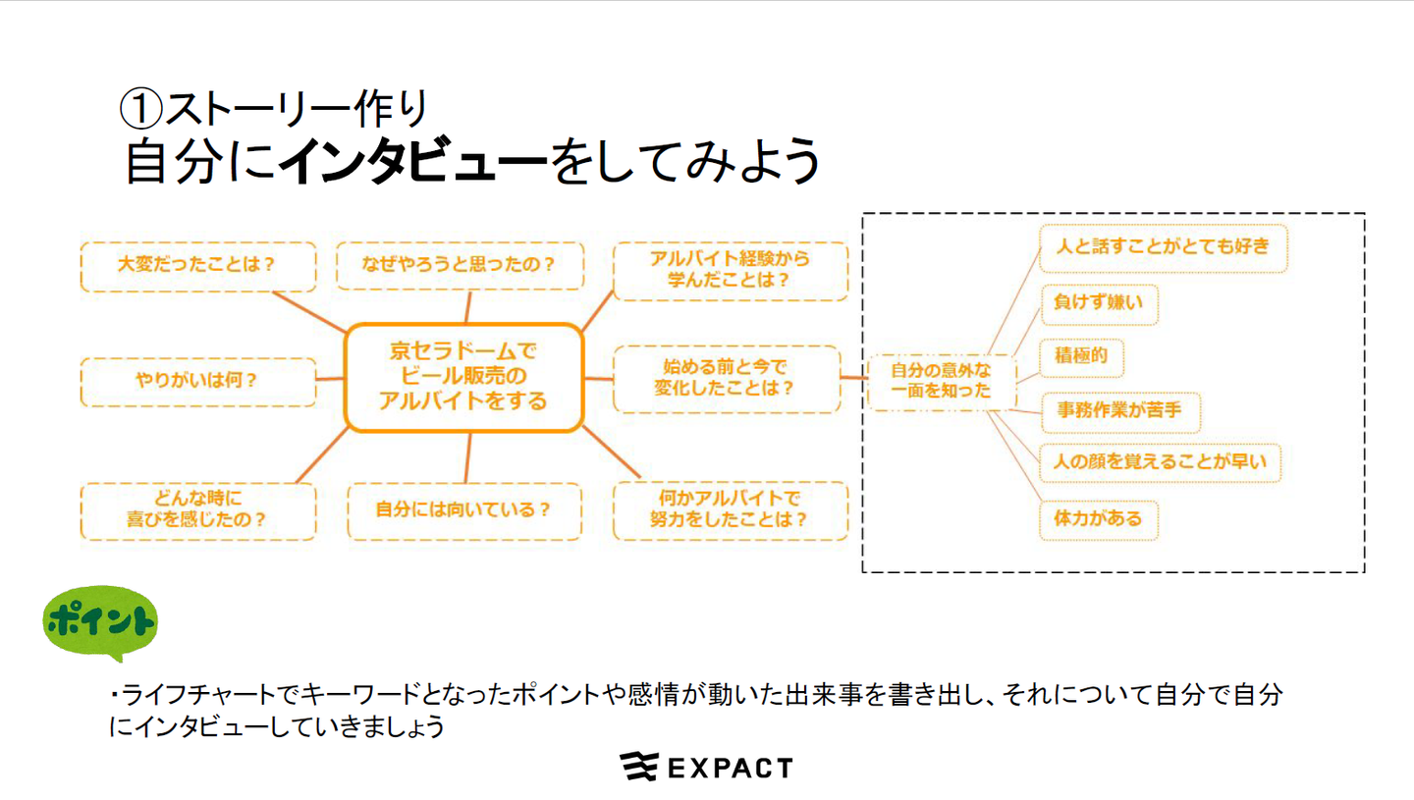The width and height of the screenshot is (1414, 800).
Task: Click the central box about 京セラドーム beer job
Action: (x=463, y=377)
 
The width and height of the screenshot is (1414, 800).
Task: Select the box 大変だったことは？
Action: (x=198, y=266)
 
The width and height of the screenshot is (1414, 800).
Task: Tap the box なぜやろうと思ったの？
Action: (x=461, y=266)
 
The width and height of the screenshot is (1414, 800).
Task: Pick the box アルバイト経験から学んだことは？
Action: (x=731, y=271)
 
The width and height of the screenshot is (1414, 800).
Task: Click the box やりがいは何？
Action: (x=198, y=382)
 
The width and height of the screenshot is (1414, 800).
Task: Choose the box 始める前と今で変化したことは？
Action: (x=727, y=379)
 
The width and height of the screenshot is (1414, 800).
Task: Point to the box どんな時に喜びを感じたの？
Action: (x=198, y=511)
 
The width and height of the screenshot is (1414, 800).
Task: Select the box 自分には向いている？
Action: (x=464, y=511)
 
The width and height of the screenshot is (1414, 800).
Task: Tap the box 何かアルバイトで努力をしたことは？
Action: (x=731, y=510)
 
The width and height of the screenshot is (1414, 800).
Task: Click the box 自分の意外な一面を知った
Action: (x=942, y=383)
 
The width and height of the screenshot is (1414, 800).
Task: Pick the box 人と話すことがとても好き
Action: (x=1164, y=248)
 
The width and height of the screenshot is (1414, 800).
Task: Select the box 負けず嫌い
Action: (x=1100, y=304)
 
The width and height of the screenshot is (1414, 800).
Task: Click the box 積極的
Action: (x=1082, y=357)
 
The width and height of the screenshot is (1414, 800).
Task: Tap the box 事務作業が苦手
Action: (x=1120, y=412)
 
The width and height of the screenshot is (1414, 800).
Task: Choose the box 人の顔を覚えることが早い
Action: (x=1161, y=463)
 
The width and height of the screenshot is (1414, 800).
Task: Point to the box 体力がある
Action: (x=1099, y=520)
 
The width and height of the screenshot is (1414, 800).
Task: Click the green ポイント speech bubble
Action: (x=100, y=622)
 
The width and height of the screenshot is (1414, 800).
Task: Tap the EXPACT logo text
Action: (x=730, y=769)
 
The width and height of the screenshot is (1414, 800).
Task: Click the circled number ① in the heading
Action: (x=140, y=109)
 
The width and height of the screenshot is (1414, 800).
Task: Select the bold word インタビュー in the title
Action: (x=413, y=161)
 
